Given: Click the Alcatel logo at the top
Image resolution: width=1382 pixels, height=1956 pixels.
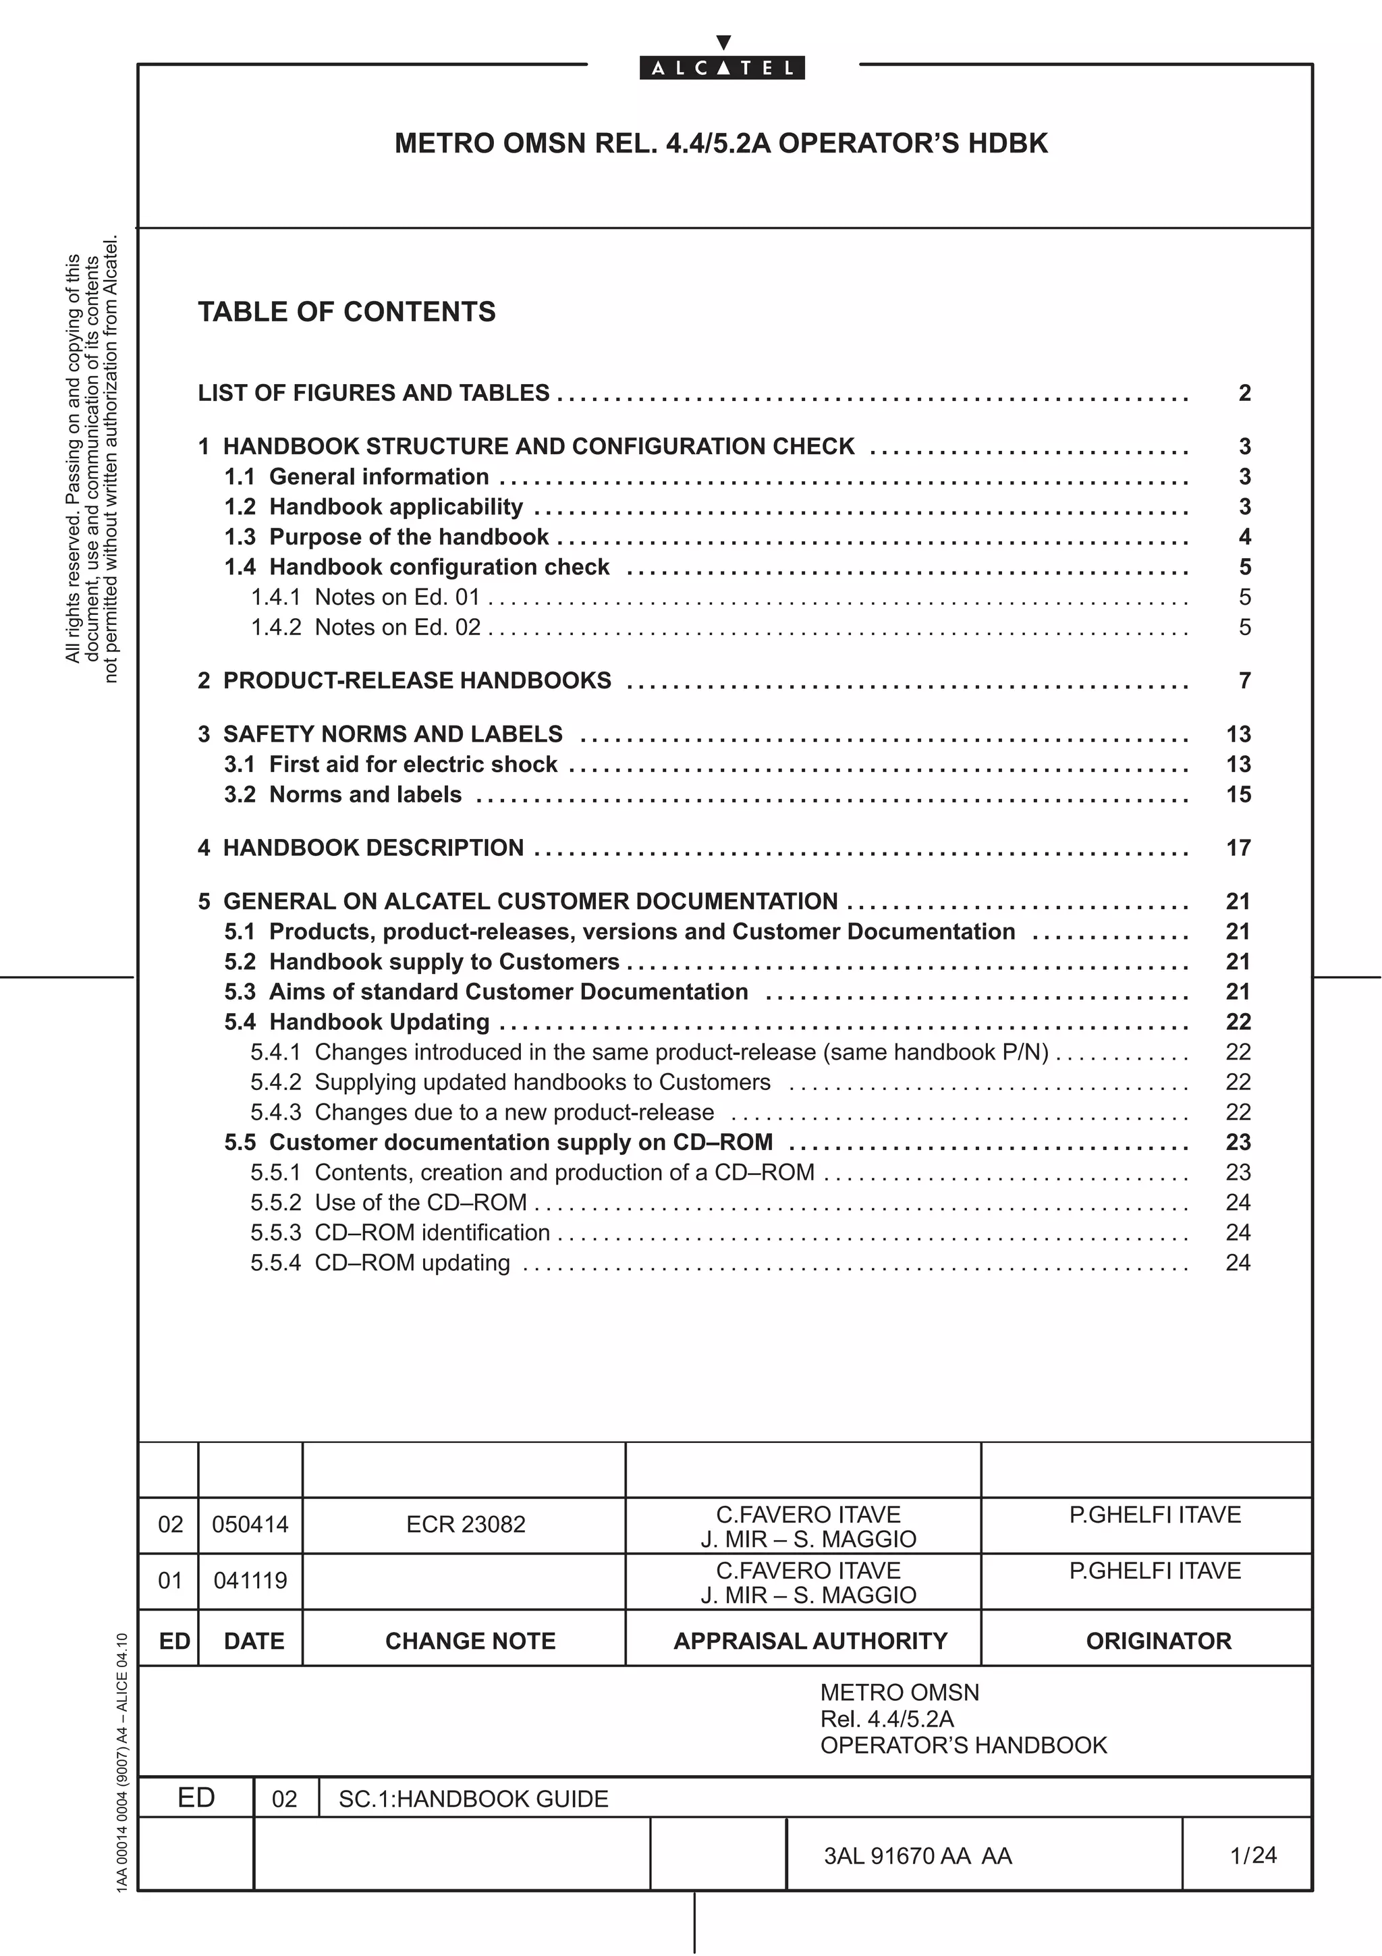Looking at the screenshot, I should pos(722,67).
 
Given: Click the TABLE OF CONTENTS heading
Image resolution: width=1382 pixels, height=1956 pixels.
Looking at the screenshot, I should pos(347,312).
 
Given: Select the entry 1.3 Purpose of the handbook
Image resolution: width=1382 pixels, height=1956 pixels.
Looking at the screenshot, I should pos(387,537).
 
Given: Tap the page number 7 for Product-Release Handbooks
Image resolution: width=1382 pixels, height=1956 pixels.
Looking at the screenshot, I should pos(1244,680).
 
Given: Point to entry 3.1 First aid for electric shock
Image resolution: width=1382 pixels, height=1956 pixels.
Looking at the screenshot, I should pos(391,764).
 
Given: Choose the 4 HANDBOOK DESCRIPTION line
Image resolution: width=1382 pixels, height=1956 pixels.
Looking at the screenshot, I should pos(361,848).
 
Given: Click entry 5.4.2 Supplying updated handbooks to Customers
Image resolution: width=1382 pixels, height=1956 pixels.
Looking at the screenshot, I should pos(510,1082).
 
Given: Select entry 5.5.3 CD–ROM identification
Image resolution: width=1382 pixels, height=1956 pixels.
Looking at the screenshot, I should pos(400,1232).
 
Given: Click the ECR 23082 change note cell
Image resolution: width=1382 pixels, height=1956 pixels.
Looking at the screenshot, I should pos(466,1524).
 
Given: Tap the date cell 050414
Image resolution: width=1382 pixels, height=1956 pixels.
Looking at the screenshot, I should pos(250,1524).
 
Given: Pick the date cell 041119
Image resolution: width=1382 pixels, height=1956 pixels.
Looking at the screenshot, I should pos(250,1580).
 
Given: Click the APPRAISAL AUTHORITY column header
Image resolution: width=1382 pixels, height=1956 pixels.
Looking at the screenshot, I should pos(810,1641).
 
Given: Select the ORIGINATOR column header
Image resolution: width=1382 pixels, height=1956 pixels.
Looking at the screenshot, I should pos(1158,1641).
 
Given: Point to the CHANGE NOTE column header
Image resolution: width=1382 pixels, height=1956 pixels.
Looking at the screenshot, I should pos(470,1641).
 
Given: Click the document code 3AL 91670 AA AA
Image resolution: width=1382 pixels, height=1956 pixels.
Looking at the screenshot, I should pos(917,1855).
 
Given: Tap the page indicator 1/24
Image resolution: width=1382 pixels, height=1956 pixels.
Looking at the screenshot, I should pos(1252,1855).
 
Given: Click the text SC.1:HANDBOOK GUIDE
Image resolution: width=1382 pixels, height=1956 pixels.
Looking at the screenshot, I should pos(474,1798).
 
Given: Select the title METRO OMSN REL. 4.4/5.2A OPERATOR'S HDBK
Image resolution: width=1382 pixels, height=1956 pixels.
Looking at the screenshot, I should pos(721,143).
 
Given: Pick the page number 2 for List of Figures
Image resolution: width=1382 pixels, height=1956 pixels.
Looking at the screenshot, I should pos(1244,393).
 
